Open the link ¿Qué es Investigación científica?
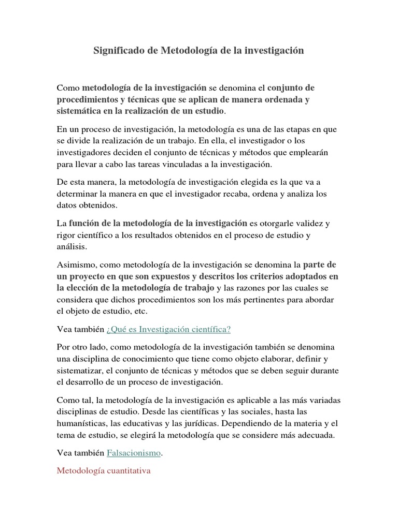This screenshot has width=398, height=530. pyautogui.click(x=168, y=330)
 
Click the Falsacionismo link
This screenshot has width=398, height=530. pyautogui.click(x=134, y=453)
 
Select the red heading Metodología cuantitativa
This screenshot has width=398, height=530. pyautogui.click(x=104, y=472)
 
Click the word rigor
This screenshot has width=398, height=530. pyautogui.click(x=66, y=235)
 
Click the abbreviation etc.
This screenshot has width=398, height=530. pyautogui.click(x=139, y=312)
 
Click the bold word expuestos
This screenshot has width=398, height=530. pyautogui.click(x=164, y=276)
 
